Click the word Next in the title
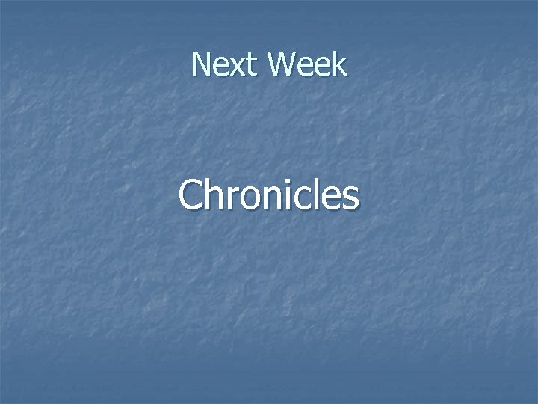point(225,65)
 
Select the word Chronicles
point(269,195)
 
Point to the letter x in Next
point(235,67)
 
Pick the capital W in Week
point(282,65)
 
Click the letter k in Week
point(339,65)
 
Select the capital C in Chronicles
point(191,195)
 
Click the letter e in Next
point(220,67)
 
